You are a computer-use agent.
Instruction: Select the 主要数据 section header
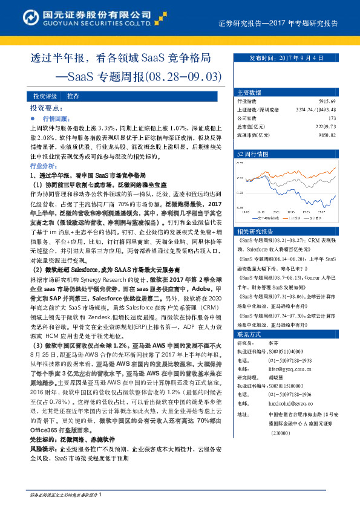(x=249, y=92)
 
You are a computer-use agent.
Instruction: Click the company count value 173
(x=348, y=118)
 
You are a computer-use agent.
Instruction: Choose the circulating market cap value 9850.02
(x=342, y=135)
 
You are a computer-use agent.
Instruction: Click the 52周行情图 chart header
(x=252, y=154)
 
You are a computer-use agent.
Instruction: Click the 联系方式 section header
(x=249, y=334)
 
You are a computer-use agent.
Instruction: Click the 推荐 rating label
(x=73, y=96)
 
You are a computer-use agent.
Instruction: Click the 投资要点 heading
(x=46, y=107)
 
